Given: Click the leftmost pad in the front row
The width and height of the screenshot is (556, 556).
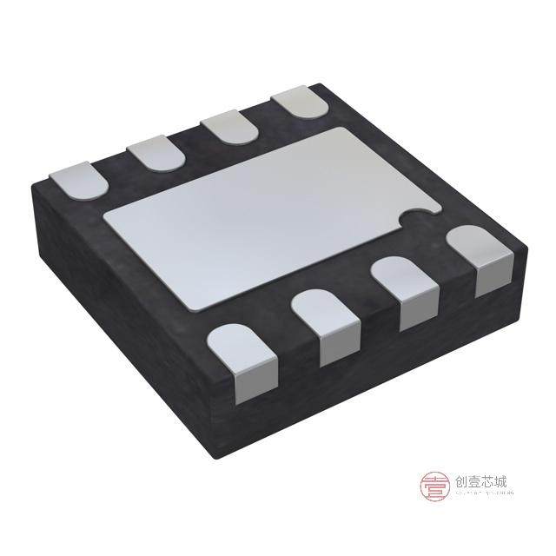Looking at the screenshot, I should [x=242, y=352].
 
